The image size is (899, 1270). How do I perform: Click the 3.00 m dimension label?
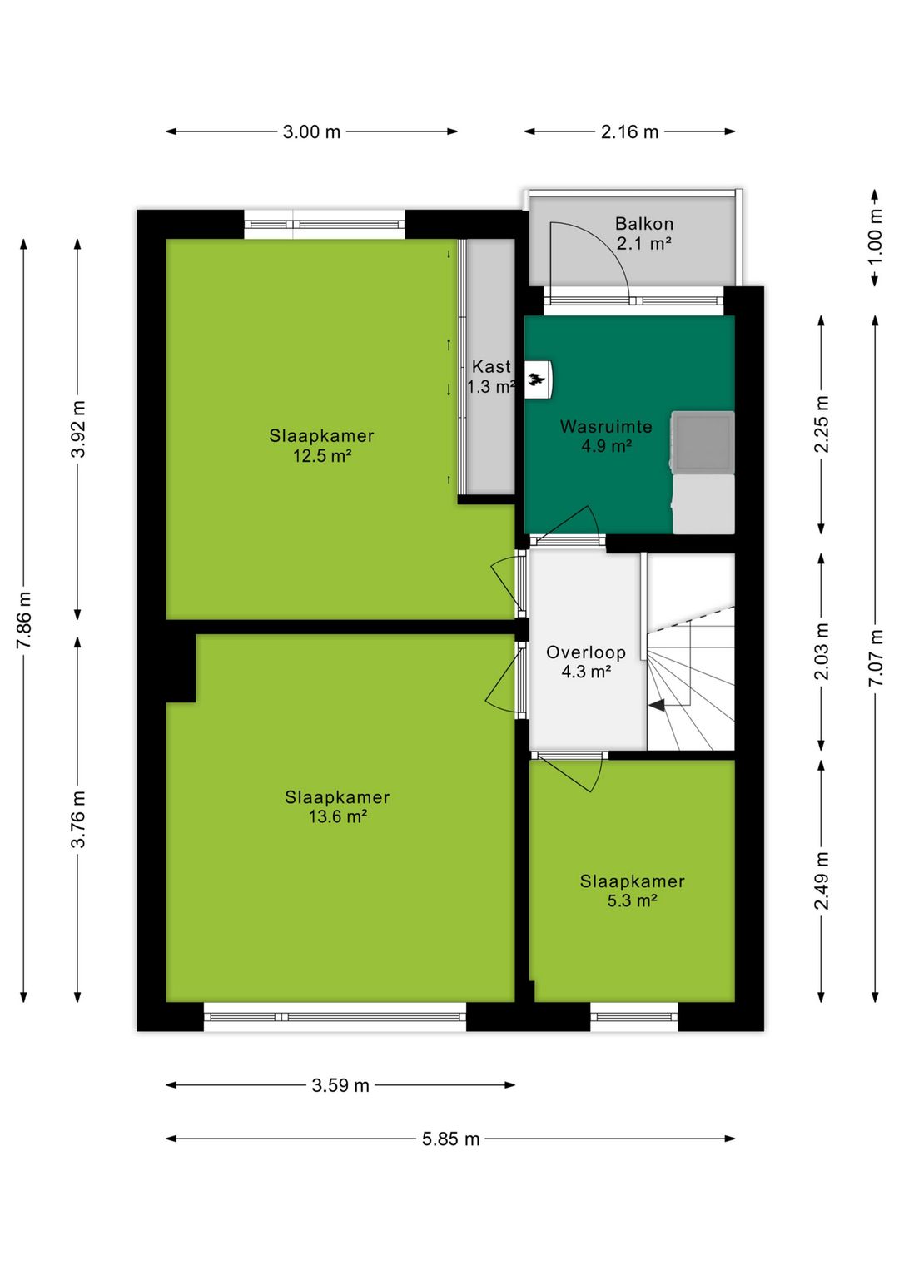(x=311, y=131)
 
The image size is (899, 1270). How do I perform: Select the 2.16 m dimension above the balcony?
(x=629, y=131)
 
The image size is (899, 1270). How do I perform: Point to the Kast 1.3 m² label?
(x=491, y=376)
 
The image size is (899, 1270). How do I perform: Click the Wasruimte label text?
(x=606, y=427)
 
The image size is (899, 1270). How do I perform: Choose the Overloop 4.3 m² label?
(x=586, y=662)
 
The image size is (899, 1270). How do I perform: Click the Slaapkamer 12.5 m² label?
(x=321, y=445)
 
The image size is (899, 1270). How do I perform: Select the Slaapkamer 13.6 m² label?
(x=337, y=806)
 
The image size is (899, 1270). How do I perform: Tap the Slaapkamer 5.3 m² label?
(x=632, y=890)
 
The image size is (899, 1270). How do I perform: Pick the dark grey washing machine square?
(x=703, y=440)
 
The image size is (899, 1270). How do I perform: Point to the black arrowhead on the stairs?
(x=657, y=705)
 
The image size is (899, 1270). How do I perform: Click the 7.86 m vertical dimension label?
(x=24, y=621)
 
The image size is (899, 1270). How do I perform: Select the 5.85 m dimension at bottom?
(x=450, y=1139)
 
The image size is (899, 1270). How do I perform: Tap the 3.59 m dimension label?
(x=340, y=1085)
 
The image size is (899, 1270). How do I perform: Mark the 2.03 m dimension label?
(x=822, y=652)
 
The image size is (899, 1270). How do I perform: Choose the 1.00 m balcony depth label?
(x=875, y=238)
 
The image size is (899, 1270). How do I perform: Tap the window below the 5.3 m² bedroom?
(x=634, y=1016)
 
